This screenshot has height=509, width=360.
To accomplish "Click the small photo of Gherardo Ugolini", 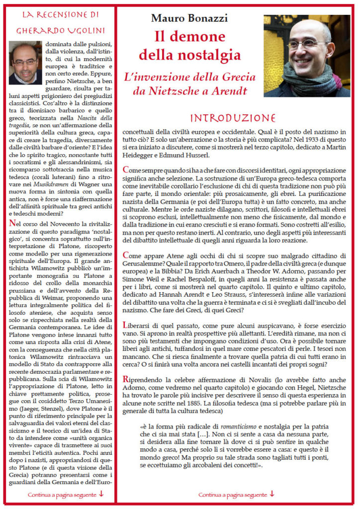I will [25, 62].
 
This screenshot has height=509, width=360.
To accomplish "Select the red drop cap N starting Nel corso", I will [12, 223].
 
